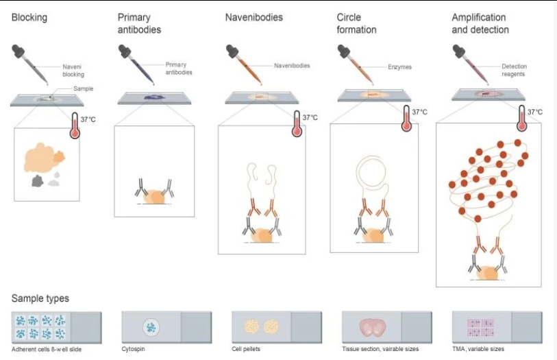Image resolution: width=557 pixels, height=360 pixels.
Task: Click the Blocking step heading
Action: [29, 17]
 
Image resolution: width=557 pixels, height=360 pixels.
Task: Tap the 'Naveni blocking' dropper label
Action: [73, 71]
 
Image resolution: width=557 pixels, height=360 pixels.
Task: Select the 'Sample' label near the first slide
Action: [83, 88]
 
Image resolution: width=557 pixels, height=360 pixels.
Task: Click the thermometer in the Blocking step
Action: [75, 125]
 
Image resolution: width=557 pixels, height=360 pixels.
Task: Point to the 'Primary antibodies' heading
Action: [139, 23]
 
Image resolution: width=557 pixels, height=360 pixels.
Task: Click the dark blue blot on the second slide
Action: [154, 97]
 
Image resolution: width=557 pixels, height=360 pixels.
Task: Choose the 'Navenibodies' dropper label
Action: [292, 66]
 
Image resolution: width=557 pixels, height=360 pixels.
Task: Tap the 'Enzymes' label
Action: [399, 67]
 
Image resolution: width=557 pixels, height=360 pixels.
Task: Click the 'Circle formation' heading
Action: [356, 23]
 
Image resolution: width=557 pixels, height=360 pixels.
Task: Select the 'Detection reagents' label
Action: [514, 70]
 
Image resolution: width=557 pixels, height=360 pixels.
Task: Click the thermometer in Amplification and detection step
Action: [521, 118]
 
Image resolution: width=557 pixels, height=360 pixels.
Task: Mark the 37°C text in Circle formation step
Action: [419, 112]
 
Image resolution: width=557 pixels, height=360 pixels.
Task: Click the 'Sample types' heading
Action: [40, 298]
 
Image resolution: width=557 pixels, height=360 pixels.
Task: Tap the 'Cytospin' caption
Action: [133, 349]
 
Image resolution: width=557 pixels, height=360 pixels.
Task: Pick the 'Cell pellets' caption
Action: [246, 349]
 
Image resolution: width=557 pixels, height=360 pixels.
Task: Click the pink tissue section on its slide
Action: [372, 327]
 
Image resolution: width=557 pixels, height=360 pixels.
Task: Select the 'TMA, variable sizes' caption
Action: [478, 349]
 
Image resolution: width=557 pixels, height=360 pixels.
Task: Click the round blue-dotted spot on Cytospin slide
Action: [151, 327]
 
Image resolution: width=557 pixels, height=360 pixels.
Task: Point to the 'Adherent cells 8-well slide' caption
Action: [47, 349]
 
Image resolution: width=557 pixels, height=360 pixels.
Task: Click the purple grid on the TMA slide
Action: [480, 327]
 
